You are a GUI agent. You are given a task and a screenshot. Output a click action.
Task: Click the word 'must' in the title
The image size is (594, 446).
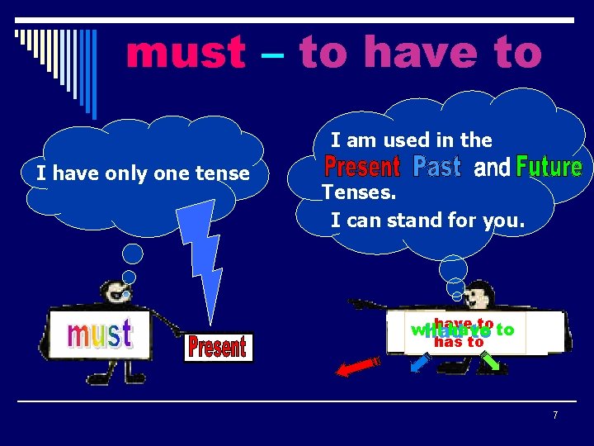(186, 53)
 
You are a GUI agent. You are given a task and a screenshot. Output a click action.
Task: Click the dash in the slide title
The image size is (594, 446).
(272, 53)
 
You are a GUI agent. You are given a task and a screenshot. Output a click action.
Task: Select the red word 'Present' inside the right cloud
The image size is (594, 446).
(362, 167)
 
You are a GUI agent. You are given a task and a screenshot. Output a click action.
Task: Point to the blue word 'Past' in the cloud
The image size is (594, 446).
(436, 167)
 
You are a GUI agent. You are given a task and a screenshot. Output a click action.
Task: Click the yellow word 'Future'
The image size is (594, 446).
(549, 168)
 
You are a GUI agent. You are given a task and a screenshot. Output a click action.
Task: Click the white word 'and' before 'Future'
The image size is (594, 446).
(493, 168)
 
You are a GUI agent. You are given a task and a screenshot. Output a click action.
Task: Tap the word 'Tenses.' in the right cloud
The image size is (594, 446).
(360, 193)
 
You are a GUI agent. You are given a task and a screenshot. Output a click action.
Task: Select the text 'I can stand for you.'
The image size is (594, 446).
(427, 221)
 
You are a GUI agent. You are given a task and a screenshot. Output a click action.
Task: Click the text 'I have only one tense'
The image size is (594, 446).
(143, 173)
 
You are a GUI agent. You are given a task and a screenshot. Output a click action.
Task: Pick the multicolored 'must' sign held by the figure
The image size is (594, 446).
(99, 334)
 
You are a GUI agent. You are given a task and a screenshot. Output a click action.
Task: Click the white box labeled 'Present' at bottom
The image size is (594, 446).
(218, 347)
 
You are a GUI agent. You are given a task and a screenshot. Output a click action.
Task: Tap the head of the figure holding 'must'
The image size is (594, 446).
(114, 292)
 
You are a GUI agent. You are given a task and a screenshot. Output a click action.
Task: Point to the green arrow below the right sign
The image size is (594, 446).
(490, 361)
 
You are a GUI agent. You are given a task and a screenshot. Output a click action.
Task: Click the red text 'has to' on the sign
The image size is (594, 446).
(459, 342)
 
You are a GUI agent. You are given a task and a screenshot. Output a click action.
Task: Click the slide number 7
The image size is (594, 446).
(555, 415)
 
